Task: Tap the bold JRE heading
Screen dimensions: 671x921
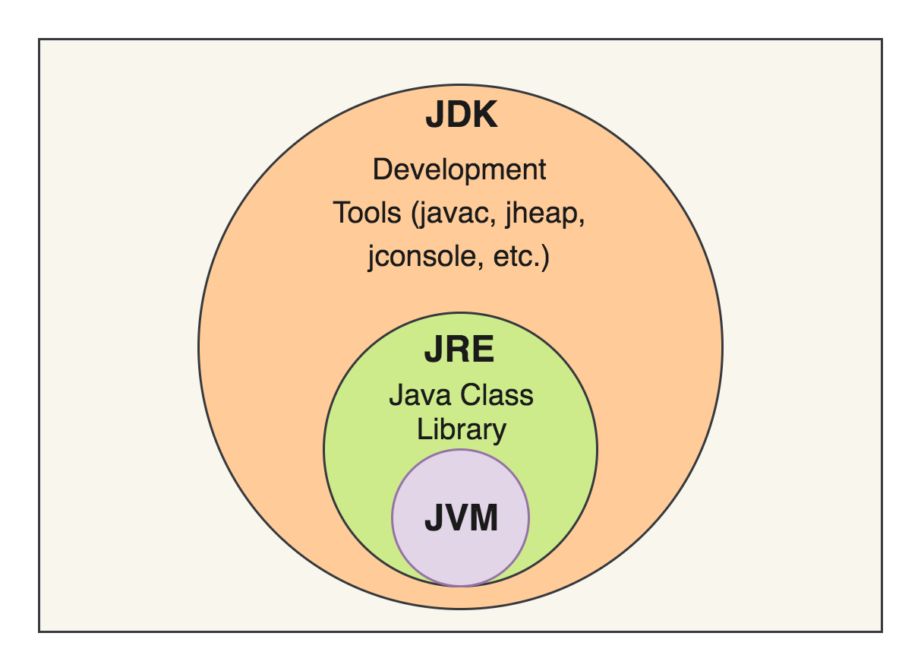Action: coord(459,352)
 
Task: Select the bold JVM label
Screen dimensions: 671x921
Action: coord(461,519)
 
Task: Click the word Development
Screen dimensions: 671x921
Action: coord(459,169)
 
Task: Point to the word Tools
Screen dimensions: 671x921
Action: coord(367,214)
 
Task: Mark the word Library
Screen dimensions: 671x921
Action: coord(461,429)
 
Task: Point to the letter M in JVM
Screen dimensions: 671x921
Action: coord(484,519)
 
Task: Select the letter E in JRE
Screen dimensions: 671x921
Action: coord(484,352)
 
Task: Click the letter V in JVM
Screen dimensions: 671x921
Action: coord(457,519)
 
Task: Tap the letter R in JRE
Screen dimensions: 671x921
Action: coord(459,352)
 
